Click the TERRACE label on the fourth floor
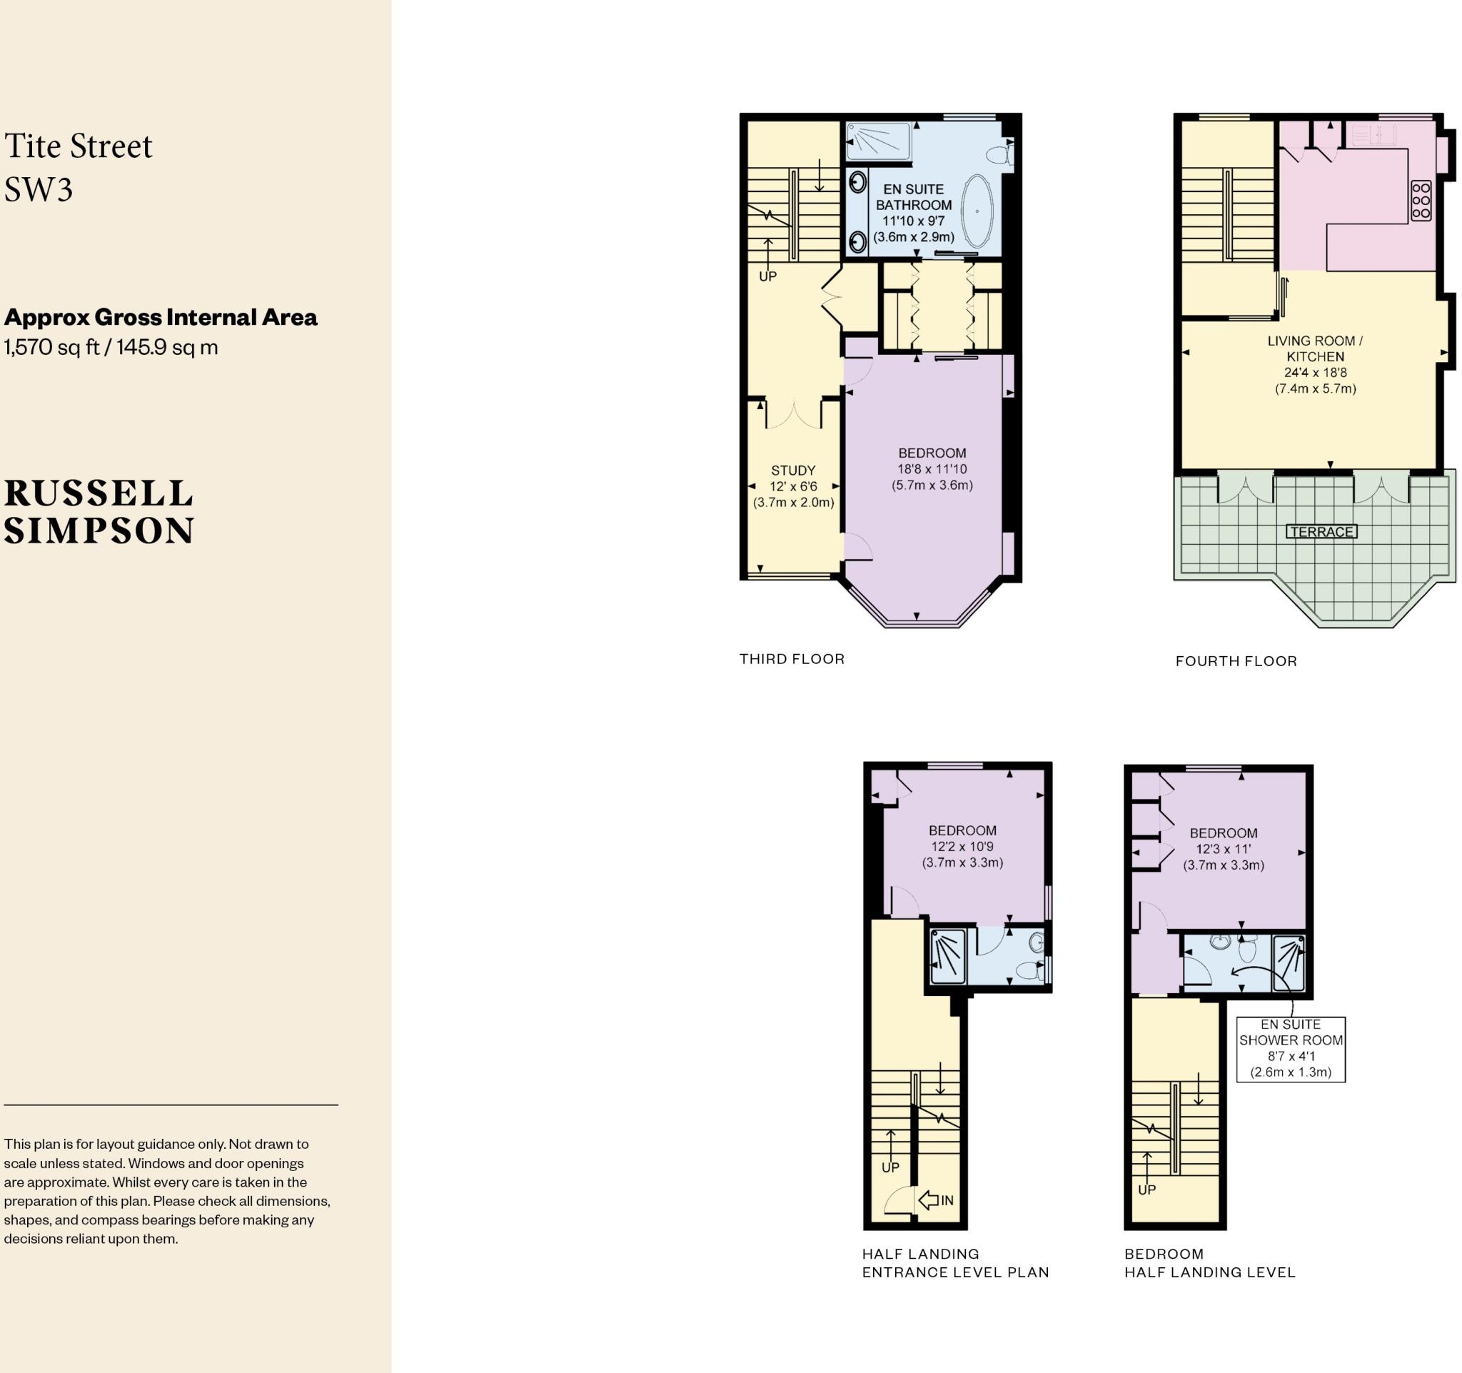tap(1321, 532)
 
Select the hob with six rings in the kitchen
tap(1421, 200)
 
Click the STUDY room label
tap(793, 471)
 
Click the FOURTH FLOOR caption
tap(1236, 661)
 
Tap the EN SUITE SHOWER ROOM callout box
tap(1291, 1049)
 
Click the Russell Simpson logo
tap(99, 512)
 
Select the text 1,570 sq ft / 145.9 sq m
tap(111, 347)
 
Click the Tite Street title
tap(78, 146)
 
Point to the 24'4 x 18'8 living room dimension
tap(1315, 373)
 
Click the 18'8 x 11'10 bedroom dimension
tap(932, 469)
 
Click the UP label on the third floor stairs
tap(767, 276)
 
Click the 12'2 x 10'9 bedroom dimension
tap(962, 847)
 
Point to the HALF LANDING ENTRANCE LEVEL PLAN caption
tap(954, 1263)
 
